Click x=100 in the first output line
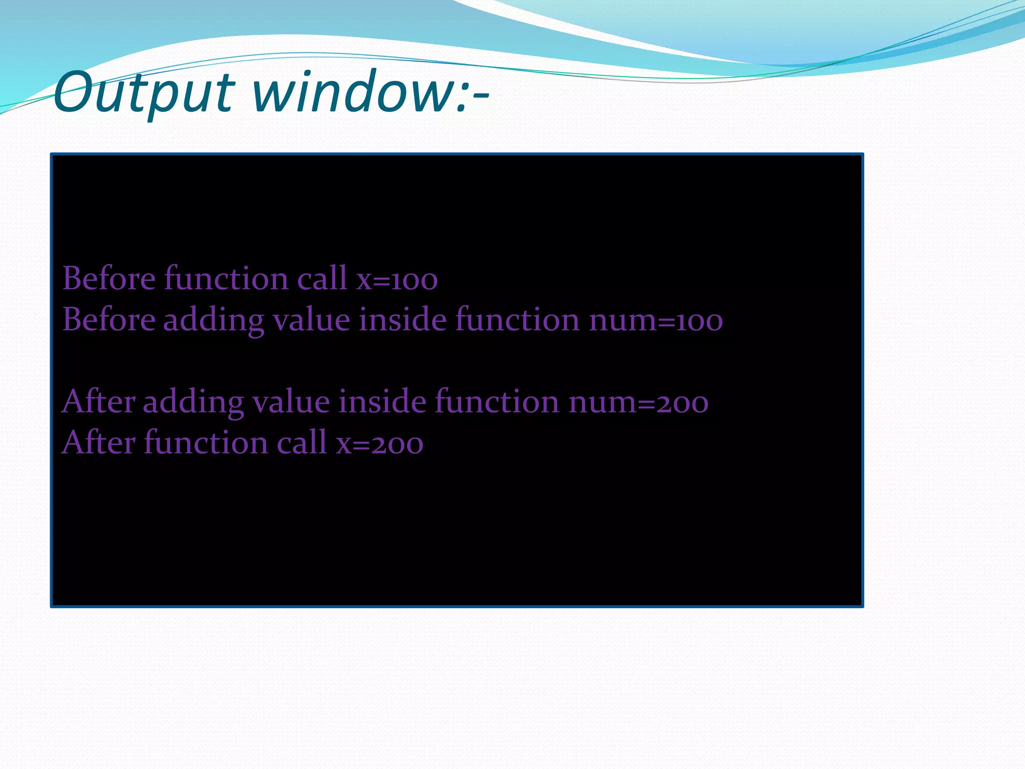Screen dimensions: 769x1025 click(x=397, y=279)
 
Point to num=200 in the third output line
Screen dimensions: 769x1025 click(x=639, y=403)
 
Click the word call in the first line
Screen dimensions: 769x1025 click(x=322, y=278)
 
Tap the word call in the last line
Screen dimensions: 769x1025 click(x=302, y=443)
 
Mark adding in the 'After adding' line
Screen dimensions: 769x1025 click(x=193, y=403)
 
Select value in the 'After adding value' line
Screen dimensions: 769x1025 click(x=291, y=402)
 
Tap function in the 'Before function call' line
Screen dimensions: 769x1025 click(x=226, y=278)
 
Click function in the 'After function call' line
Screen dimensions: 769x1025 click(x=206, y=443)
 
